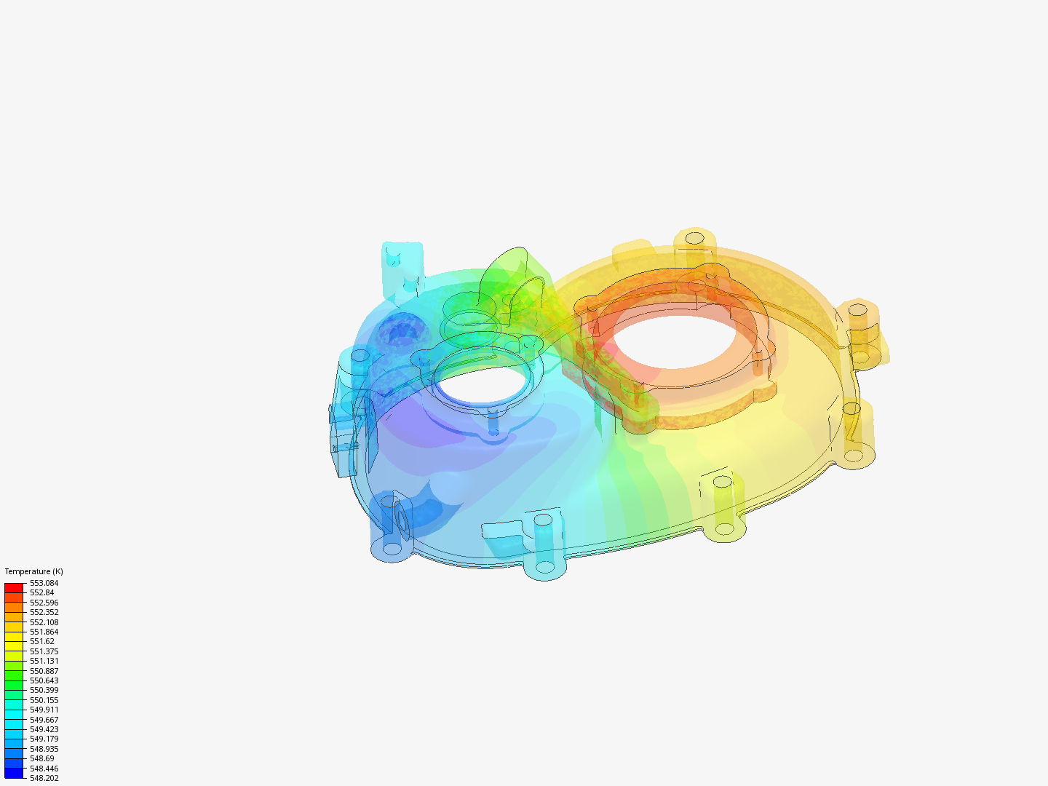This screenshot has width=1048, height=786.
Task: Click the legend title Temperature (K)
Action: (x=33, y=571)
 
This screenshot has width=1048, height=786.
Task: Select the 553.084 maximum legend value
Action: (x=44, y=583)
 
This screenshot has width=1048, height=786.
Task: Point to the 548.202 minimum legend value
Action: (x=44, y=778)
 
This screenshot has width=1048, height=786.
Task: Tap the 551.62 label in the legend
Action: (x=42, y=641)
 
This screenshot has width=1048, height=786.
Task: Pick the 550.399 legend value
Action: (x=44, y=690)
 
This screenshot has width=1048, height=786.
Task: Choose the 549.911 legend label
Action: (x=44, y=710)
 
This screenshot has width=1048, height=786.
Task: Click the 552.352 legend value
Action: (x=44, y=612)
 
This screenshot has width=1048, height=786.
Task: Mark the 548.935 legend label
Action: (x=44, y=749)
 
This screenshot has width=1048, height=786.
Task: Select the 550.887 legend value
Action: (x=44, y=671)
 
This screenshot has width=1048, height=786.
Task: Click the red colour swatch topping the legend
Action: (x=14, y=587)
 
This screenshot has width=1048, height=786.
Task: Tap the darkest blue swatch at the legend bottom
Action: (x=14, y=773)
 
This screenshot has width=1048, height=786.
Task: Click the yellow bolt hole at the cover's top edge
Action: (x=695, y=238)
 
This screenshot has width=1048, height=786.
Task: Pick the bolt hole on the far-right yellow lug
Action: (x=859, y=309)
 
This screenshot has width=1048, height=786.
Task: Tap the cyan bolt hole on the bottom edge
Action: (x=543, y=520)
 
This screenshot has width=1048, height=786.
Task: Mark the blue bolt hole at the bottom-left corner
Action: (x=392, y=548)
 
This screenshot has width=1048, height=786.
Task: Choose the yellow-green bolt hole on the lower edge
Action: (x=722, y=482)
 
